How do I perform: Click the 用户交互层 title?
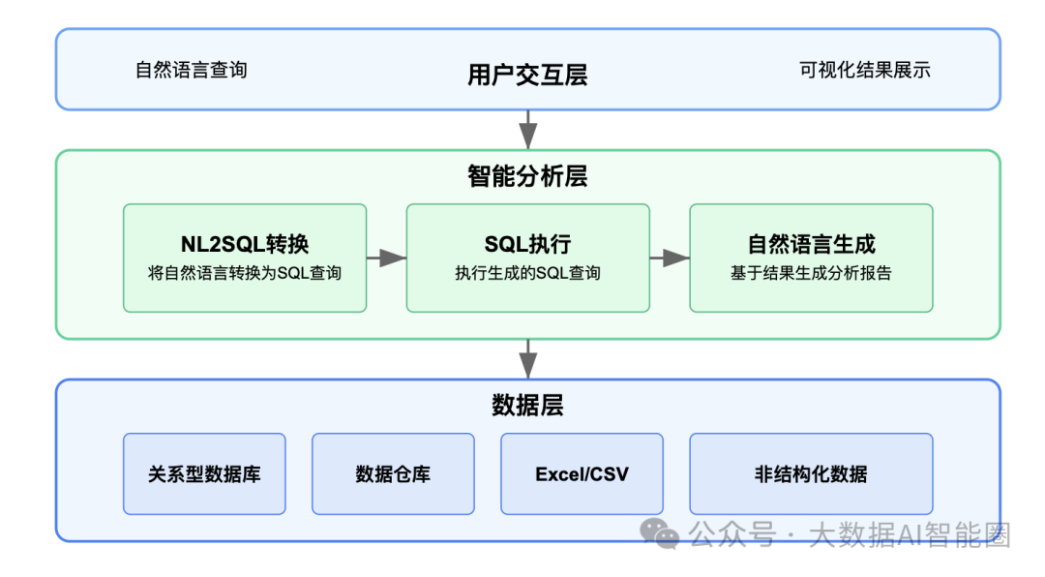[x=527, y=75]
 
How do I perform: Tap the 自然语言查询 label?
[x=191, y=70]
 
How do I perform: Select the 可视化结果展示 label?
[x=864, y=70]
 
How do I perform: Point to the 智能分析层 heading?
[x=527, y=176]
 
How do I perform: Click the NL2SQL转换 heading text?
[x=245, y=244]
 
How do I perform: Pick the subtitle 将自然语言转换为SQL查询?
[x=245, y=273]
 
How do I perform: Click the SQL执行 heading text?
[x=527, y=244]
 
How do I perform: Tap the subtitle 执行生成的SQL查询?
[x=527, y=273]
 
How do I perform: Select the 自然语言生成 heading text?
[x=811, y=244]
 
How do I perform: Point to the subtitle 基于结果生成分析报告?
[x=811, y=273]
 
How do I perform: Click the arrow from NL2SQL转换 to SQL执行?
[x=386, y=258]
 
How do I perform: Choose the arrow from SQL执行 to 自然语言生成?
[x=669, y=258]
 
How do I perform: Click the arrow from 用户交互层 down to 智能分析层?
[x=527, y=130]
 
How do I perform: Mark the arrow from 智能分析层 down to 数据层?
[x=527, y=358]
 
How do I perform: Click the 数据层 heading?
[x=527, y=405]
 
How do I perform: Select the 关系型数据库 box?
[x=204, y=473]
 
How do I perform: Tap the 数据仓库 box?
[x=393, y=473]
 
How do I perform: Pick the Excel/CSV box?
[x=582, y=473]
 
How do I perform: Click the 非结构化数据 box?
[x=811, y=473]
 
